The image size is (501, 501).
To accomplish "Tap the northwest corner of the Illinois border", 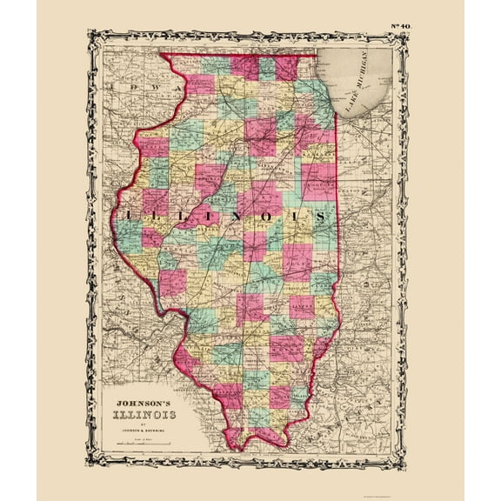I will (166, 55).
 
